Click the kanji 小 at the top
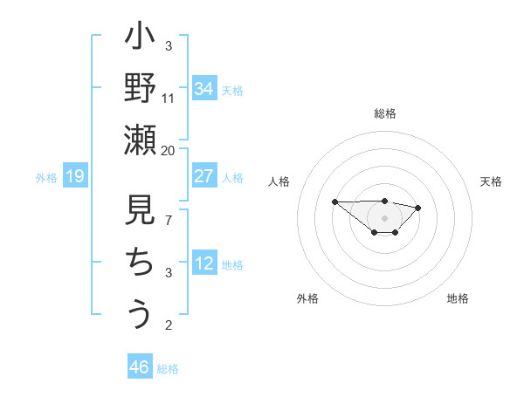[140, 40]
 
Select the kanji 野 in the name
[140, 90]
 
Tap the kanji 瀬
[140, 140]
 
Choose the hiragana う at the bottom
[140, 313]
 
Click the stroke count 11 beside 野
[169, 98]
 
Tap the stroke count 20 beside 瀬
[169, 150]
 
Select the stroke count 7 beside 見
[169, 220]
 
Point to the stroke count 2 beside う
[169, 325]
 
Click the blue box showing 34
[204, 89]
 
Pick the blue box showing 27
[204, 176]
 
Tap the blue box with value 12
[204, 264]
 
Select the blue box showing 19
[75, 177]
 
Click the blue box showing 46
[140, 367]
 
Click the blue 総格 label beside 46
[168, 369]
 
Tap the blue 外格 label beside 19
[46, 178]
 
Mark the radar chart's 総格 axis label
[384, 113]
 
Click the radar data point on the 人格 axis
[334, 202]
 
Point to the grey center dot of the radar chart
[384, 217]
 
